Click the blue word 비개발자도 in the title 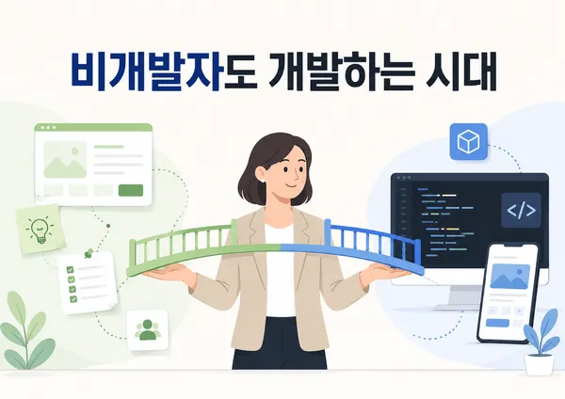coord(164,71)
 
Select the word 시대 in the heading coord(461,71)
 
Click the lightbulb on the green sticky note coord(40,231)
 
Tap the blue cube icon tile coord(468,141)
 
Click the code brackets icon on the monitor coord(521,210)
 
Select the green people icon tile coord(148,329)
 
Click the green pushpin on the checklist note coord(88,253)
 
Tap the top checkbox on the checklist coord(71,269)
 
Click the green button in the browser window coord(131,190)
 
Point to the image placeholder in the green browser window coord(65,160)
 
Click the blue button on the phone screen coord(497,323)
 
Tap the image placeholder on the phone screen coord(509,277)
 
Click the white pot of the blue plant coord(539,364)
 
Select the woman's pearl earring coord(263,180)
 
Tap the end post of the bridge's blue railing coord(418,253)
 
